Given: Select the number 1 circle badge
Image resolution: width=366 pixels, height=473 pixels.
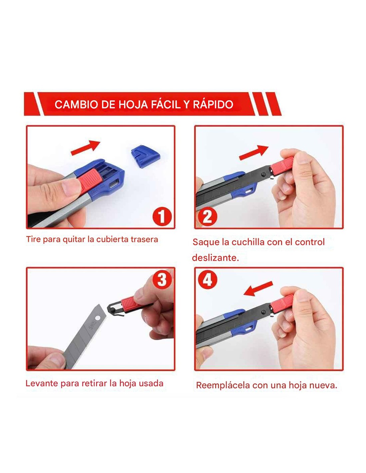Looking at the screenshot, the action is click(162, 216).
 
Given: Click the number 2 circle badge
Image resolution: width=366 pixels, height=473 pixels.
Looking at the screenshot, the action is click(208, 216).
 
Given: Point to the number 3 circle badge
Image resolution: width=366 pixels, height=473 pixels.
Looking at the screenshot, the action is click(162, 279).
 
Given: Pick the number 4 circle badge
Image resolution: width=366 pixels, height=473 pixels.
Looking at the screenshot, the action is click(208, 279).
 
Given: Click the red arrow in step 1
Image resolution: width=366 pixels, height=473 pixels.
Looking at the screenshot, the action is click(86, 147).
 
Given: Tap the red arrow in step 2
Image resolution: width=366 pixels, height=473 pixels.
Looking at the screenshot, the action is click(254, 152).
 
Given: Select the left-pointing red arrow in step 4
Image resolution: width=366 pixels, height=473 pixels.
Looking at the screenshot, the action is click(258, 289).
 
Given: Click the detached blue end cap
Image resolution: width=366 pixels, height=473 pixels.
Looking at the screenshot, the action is click(145, 156).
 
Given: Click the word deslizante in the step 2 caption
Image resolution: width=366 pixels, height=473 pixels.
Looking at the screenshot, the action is click(215, 258).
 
